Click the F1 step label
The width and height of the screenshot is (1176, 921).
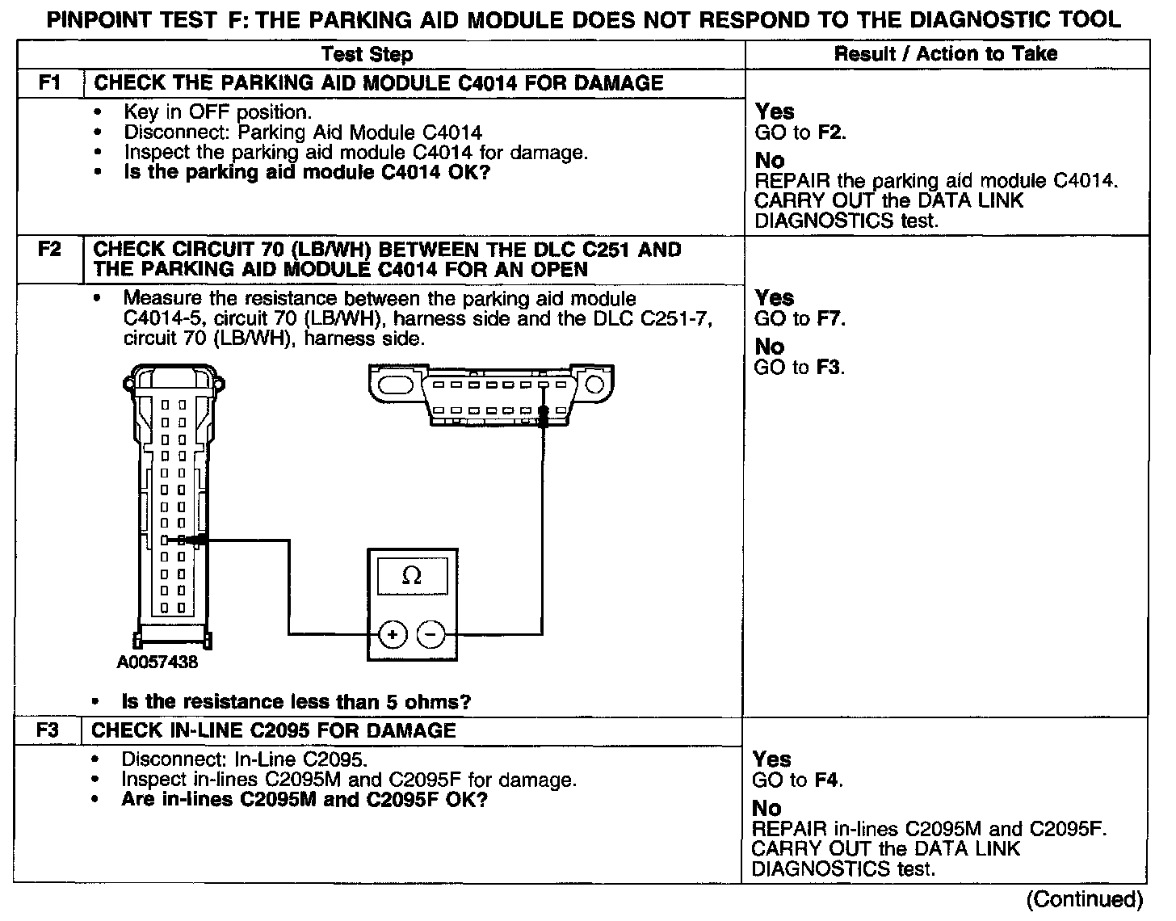(50, 83)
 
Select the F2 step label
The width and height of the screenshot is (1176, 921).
(50, 250)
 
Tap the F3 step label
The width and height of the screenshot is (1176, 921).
(48, 731)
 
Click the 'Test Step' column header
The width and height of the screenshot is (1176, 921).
(367, 54)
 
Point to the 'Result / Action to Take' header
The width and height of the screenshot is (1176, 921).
(945, 54)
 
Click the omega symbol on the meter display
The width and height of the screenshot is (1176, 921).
(411, 575)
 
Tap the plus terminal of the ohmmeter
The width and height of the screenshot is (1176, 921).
(393, 635)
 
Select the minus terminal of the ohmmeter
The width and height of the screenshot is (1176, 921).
(430, 635)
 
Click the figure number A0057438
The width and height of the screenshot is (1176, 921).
(157, 663)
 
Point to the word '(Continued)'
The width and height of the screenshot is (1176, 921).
(1084, 899)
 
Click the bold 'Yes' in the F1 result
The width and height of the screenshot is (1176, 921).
(775, 111)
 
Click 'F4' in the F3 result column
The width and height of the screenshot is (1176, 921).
(828, 780)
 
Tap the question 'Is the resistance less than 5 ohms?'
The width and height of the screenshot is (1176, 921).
(296, 702)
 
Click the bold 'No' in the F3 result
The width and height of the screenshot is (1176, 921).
(766, 808)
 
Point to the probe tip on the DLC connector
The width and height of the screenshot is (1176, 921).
(544, 413)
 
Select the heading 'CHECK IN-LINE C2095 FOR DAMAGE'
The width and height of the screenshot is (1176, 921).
(274, 731)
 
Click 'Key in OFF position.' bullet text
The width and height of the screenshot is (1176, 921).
(217, 112)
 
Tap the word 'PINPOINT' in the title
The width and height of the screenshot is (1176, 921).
(102, 19)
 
